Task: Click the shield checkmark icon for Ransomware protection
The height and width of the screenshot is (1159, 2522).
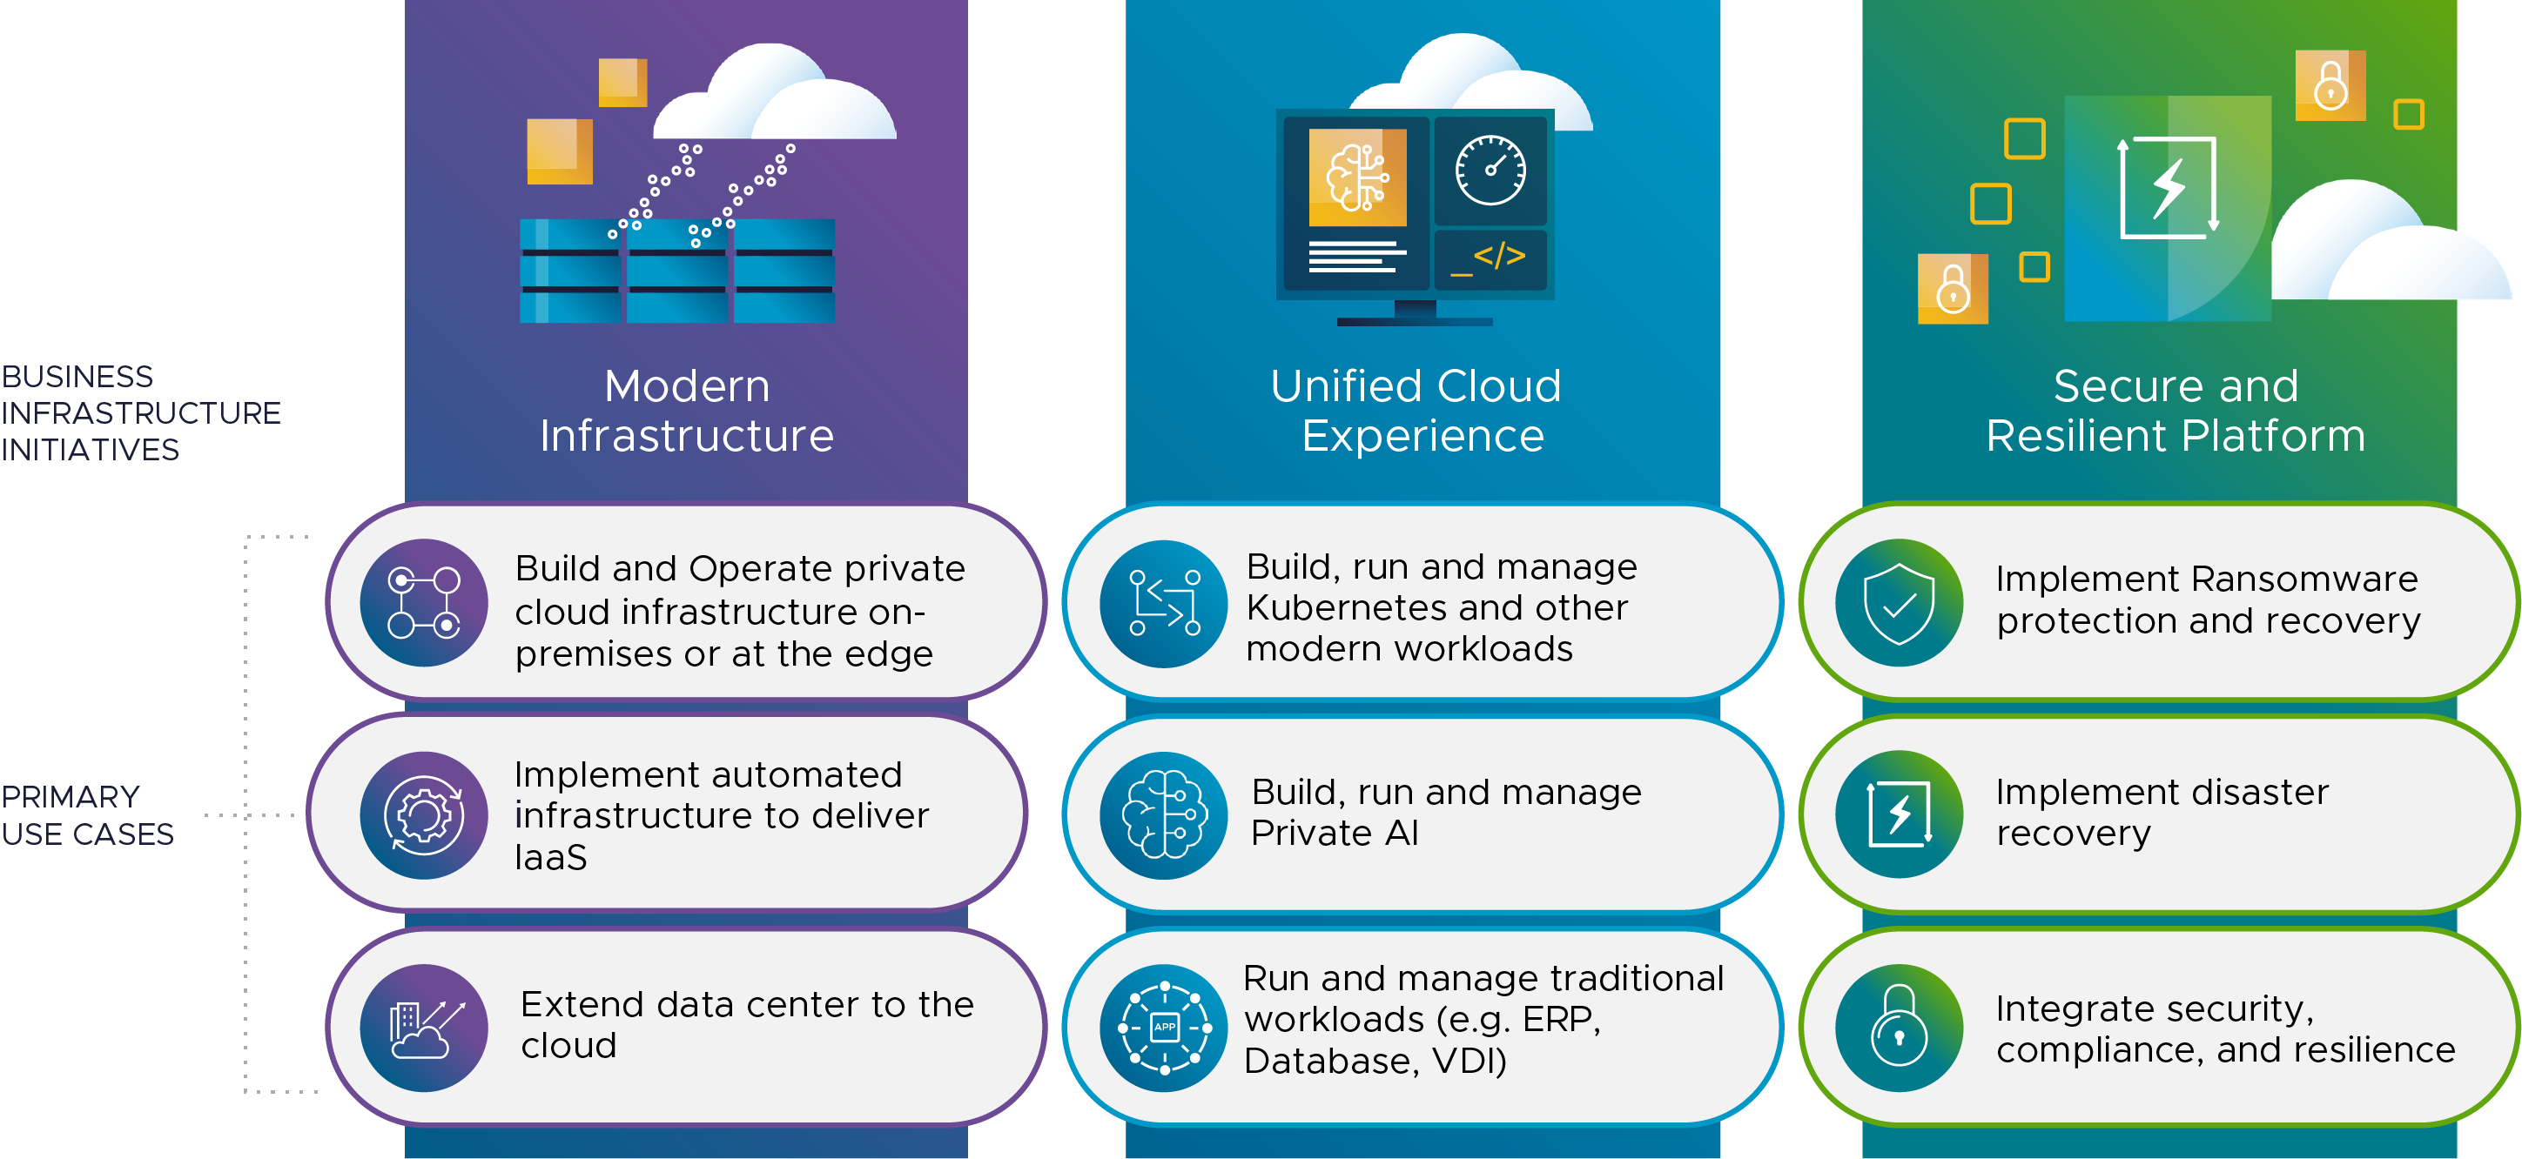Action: pyautogui.click(x=1899, y=603)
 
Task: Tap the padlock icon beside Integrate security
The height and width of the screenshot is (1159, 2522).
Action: pyautogui.click(x=1899, y=1027)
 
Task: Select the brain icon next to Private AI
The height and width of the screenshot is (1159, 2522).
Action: pyautogui.click(x=1163, y=814)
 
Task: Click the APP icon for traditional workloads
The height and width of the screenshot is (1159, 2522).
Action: pyautogui.click(x=1163, y=1027)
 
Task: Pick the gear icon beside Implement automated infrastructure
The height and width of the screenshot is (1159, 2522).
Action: pyautogui.click(x=424, y=814)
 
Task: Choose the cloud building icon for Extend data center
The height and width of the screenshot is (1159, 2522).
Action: pyautogui.click(x=424, y=1027)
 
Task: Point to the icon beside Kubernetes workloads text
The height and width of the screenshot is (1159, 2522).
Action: pyautogui.click(x=1163, y=603)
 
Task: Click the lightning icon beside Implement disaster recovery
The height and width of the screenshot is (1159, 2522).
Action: pyautogui.click(x=1899, y=814)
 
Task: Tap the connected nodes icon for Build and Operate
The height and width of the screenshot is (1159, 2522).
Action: pyautogui.click(x=424, y=603)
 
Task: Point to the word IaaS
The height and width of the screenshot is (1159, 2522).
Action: pyautogui.click(x=550, y=858)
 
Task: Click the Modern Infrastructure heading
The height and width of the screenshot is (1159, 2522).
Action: pyautogui.click(x=686, y=410)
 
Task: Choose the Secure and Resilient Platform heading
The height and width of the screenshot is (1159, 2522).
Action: pyautogui.click(x=2176, y=410)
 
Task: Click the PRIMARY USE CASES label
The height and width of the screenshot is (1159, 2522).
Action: pyautogui.click(x=87, y=814)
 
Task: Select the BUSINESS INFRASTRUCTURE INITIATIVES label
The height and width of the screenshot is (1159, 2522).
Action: pyautogui.click(x=140, y=412)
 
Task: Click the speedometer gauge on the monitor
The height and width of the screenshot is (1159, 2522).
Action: pyautogui.click(x=1490, y=171)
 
